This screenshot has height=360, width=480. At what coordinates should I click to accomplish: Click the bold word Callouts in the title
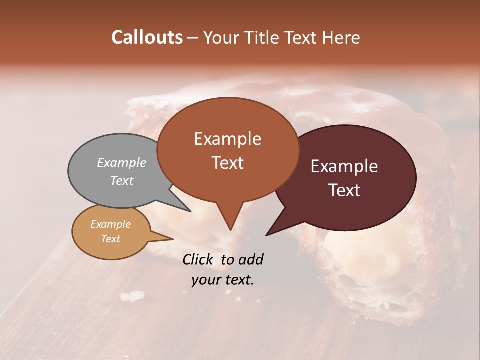(147, 37)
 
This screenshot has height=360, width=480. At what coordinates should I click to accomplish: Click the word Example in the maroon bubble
(344, 166)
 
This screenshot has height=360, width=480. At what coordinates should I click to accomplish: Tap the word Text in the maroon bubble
(344, 190)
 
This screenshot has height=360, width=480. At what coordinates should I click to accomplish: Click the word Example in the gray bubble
(121, 162)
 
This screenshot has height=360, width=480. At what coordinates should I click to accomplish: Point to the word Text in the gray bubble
(121, 180)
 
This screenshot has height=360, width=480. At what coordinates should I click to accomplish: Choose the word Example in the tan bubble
(110, 224)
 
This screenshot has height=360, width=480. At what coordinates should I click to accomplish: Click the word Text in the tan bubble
(110, 239)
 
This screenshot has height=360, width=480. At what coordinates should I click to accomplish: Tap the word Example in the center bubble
(227, 139)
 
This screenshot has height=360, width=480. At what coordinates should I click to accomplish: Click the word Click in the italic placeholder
(199, 259)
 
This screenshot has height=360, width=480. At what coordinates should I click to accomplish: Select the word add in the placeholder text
(250, 259)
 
